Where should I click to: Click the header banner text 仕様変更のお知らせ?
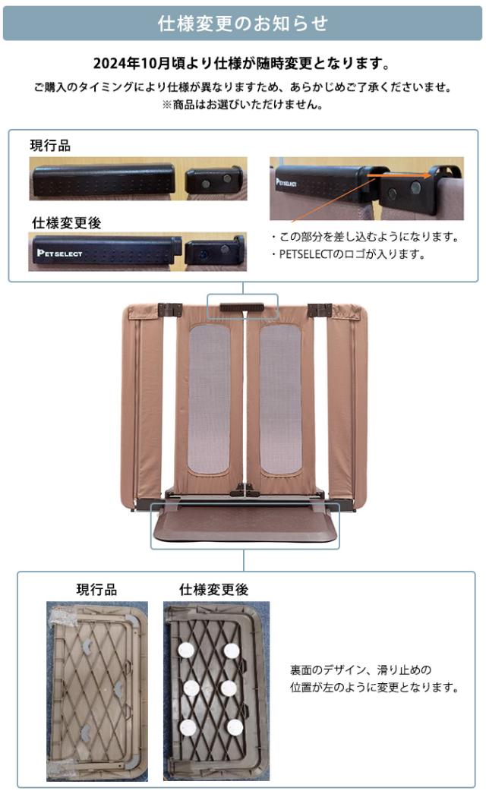click(x=243, y=24)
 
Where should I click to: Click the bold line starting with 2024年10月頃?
click(x=243, y=62)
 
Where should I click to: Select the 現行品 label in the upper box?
click(x=50, y=146)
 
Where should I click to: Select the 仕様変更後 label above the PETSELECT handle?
click(x=67, y=223)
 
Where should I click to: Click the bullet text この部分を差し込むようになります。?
click(x=364, y=237)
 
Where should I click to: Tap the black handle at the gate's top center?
click(x=242, y=307)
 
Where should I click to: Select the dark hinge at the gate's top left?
click(x=167, y=310)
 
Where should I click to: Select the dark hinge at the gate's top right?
click(x=319, y=310)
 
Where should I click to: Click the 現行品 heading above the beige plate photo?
click(x=96, y=589)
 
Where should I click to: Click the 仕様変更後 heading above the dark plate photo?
click(x=213, y=589)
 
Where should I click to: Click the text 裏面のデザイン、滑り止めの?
click(x=361, y=670)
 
